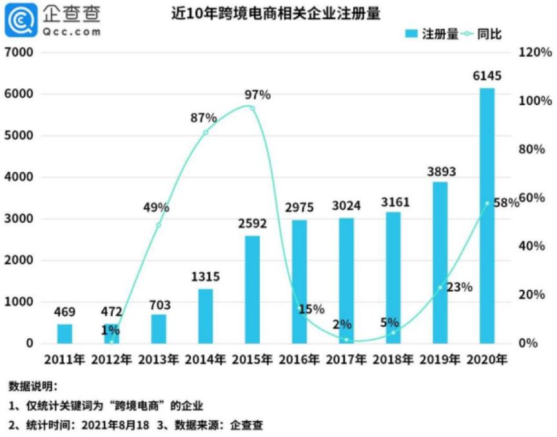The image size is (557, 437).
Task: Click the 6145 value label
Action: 487,76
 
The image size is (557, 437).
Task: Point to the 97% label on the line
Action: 257,96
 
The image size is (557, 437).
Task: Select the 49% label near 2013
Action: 157,208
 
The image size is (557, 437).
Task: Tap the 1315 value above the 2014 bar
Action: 206,277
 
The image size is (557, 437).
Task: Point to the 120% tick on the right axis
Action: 535,52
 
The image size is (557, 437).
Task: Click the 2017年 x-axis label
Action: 346,360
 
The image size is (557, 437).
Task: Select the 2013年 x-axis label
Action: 158,360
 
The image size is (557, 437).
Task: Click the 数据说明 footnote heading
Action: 34,387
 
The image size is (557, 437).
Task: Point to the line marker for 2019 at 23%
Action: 441,287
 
